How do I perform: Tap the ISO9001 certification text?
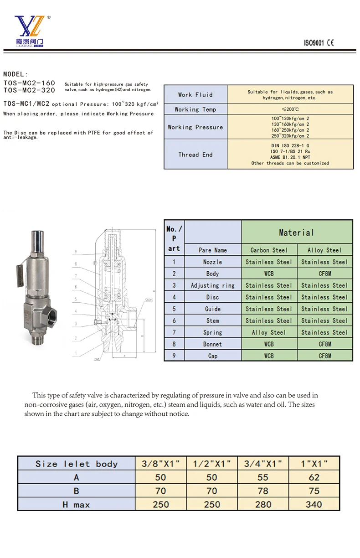314,43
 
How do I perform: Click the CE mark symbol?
330,43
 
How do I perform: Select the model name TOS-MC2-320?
29,90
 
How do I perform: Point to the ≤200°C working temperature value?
290,109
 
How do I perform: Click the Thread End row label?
195,155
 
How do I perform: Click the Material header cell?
297,232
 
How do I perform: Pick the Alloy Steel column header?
324,250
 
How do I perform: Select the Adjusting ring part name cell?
213,285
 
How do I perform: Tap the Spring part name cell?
213,332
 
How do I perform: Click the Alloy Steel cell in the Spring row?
269,332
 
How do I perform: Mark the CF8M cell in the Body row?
324,274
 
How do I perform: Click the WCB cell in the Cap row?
269,356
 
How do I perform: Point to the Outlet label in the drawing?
149,299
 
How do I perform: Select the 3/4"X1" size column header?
263,464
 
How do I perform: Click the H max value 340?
314,505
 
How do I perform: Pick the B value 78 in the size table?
263,491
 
